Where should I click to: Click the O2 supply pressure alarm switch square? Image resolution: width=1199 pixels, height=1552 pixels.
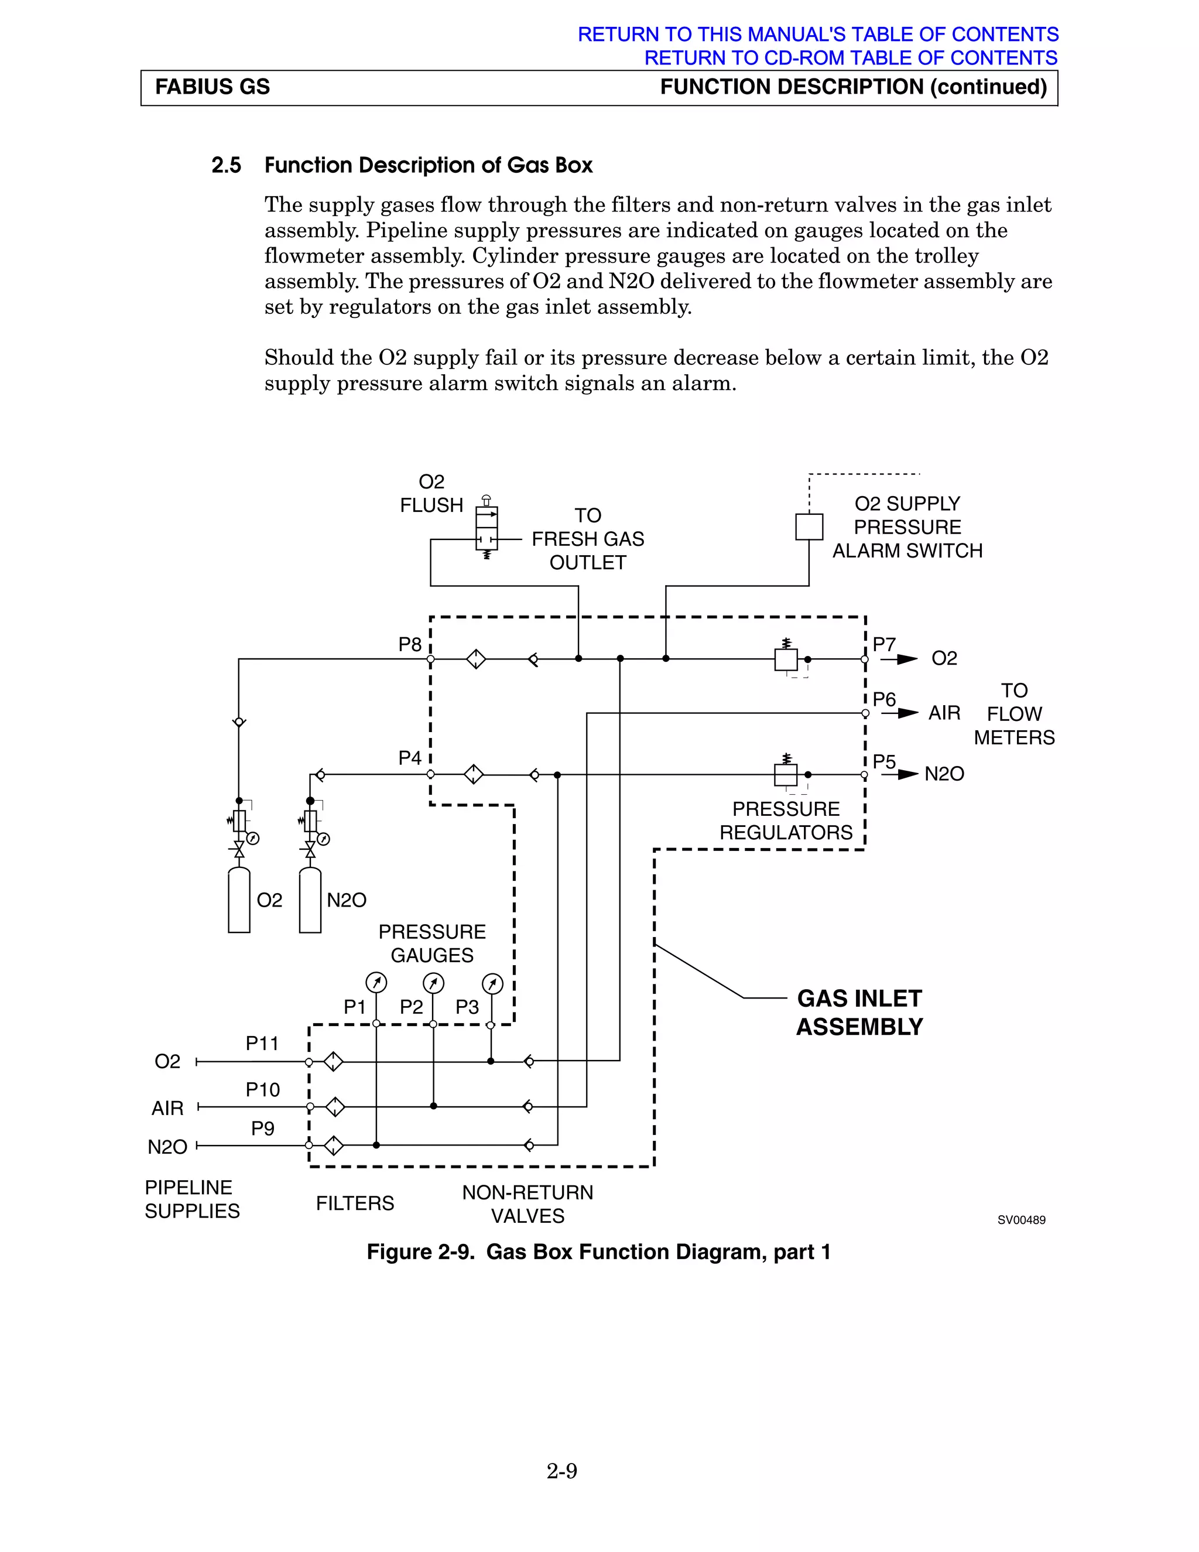[x=809, y=527]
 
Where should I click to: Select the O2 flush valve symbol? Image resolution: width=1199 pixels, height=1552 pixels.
[x=487, y=528]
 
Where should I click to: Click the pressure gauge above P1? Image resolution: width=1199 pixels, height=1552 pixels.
[x=376, y=983]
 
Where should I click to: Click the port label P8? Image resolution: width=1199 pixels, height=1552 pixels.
[x=410, y=645]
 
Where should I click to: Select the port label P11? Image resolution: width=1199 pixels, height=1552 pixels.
[x=262, y=1043]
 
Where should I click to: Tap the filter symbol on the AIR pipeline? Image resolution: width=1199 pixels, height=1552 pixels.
[x=334, y=1106]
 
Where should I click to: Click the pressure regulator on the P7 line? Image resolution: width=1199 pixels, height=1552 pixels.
[x=786, y=659]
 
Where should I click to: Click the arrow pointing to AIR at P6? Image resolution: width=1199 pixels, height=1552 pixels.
[x=900, y=713]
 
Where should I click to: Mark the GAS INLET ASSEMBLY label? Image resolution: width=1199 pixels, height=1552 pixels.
[x=859, y=1013]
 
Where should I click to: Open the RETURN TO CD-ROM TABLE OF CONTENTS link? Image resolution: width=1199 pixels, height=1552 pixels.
[x=851, y=57]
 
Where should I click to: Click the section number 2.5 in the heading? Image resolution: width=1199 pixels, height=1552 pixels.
[x=226, y=166]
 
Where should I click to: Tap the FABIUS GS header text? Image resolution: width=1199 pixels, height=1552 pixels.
[x=213, y=87]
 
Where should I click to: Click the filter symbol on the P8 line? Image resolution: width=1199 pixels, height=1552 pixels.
[x=476, y=659]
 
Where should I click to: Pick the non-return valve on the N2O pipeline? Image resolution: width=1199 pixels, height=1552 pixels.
[x=529, y=1145]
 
